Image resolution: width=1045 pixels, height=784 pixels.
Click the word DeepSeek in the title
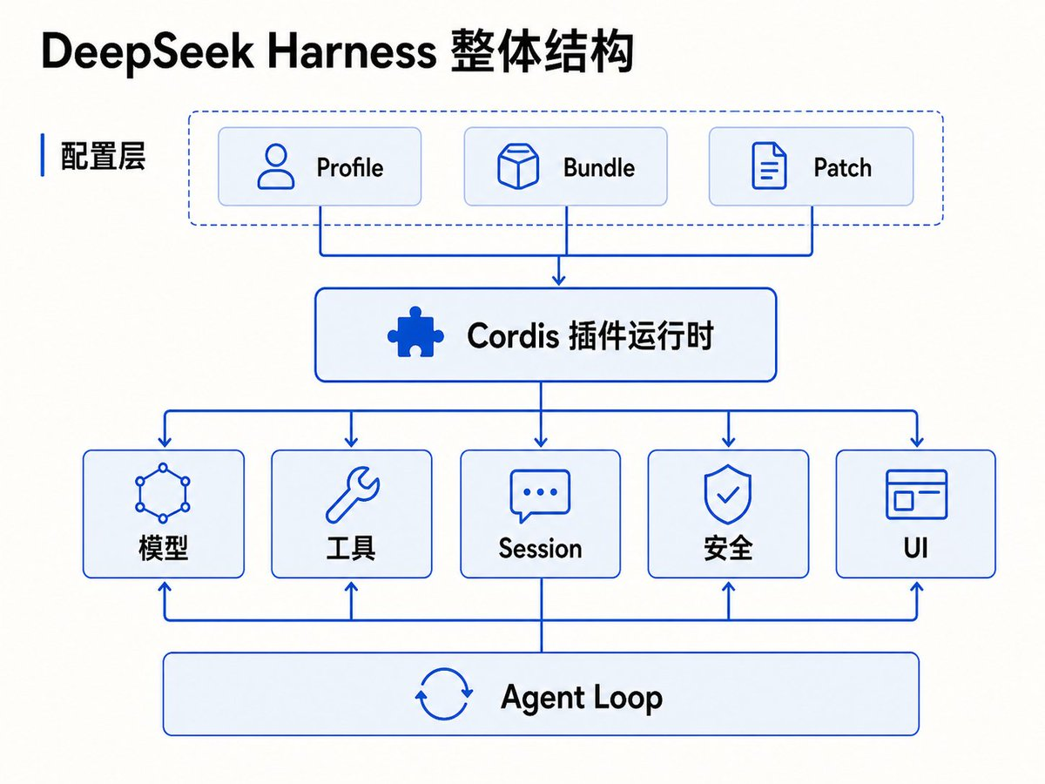pos(147,52)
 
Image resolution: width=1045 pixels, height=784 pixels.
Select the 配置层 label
pos(103,156)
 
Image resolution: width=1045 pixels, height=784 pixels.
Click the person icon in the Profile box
pos(276,166)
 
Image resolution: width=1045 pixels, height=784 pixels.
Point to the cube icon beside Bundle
pos(518,166)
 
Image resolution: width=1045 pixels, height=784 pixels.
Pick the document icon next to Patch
pos(769,166)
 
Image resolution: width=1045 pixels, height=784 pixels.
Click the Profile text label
pos(350,167)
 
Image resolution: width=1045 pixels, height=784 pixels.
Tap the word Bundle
pos(599,167)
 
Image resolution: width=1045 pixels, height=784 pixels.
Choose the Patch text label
pos(843,167)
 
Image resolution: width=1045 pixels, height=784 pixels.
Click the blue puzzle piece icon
pos(415,332)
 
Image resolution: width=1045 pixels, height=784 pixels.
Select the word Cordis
pos(513,335)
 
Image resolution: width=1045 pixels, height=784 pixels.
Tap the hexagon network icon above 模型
pos(163,493)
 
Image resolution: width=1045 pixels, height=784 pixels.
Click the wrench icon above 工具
pos(353,495)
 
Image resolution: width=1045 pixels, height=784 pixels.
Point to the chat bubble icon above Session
pos(540,496)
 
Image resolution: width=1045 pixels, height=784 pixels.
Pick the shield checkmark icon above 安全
pos(728,494)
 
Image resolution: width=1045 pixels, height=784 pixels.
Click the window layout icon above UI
pos(916,494)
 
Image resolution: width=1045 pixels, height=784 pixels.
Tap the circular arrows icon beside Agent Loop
pos(444,693)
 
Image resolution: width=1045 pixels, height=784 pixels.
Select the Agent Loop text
pos(582,698)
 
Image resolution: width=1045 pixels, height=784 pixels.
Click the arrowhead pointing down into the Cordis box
pos(558,279)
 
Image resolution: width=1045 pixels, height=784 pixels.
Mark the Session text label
pos(541,549)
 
